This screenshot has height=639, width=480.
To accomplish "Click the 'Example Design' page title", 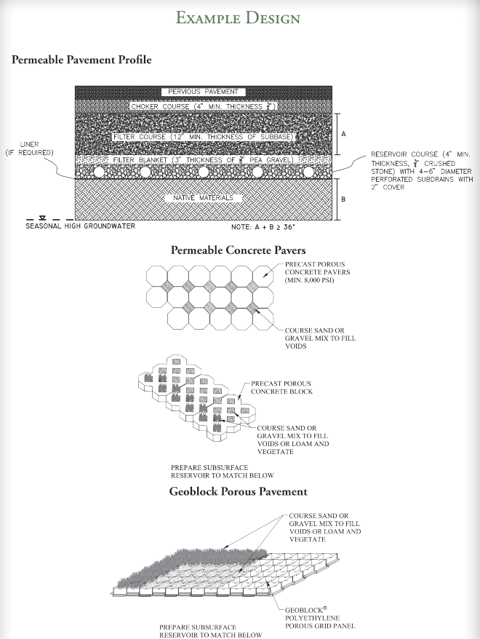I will [240, 17].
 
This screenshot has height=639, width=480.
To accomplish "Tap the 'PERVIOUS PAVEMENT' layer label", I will [203, 92].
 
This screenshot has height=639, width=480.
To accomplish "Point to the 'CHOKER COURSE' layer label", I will [203, 106].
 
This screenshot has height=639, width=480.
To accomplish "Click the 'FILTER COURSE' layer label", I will [203, 136].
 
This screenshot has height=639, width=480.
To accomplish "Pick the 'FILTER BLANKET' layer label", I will [203, 159].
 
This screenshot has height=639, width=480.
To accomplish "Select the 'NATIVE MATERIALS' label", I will [203, 197].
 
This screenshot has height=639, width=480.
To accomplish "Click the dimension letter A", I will [343, 134].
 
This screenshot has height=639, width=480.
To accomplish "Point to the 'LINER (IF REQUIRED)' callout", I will [30, 148].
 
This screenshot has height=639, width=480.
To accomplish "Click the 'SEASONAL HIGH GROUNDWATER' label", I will [80, 226].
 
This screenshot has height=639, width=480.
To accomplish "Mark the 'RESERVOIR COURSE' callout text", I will [422, 171].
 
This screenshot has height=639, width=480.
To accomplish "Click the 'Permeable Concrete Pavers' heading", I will [238, 250].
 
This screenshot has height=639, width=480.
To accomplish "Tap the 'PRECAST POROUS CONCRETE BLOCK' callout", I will [282, 387].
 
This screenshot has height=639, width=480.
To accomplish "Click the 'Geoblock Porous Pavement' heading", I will [238, 491].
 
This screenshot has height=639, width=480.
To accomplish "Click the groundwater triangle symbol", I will [43, 217].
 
